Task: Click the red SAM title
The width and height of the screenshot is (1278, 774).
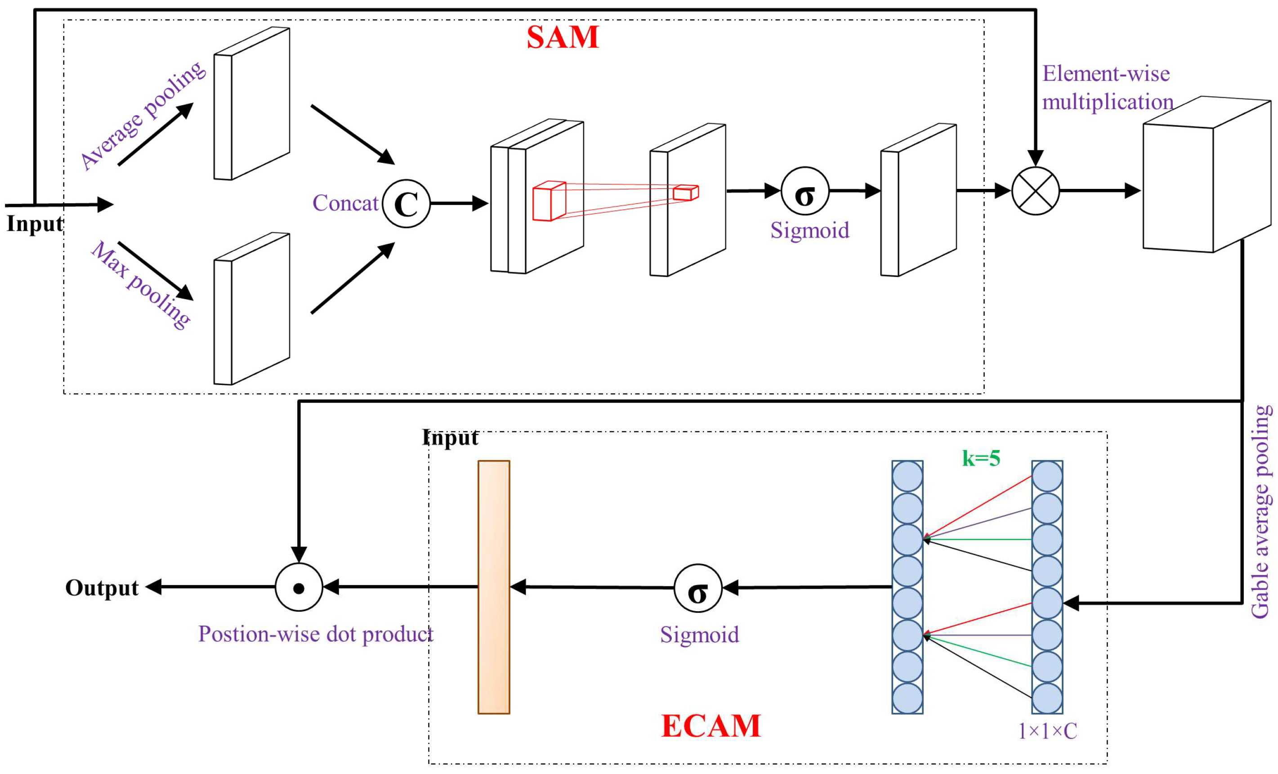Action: (562, 37)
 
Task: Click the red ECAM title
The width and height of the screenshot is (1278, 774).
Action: (710, 726)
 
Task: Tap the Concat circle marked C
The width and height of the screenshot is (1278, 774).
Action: (406, 203)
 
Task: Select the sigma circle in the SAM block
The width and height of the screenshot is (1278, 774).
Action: (804, 191)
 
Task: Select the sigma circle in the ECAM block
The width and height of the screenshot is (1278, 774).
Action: (697, 588)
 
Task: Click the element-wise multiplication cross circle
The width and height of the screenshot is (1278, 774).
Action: (1035, 191)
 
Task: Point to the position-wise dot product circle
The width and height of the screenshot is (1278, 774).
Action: (299, 587)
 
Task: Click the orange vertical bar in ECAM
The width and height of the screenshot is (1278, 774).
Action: (494, 587)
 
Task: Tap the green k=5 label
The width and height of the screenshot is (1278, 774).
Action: (981, 459)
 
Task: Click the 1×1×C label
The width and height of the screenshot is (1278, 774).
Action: (1048, 731)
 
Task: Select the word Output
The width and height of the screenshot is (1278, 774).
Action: (102, 588)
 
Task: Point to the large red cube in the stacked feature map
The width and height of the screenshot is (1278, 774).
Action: (549, 201)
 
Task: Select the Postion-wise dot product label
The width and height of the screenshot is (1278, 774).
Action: (315, 634)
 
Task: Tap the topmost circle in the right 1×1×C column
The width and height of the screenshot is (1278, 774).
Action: (1047, 476)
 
